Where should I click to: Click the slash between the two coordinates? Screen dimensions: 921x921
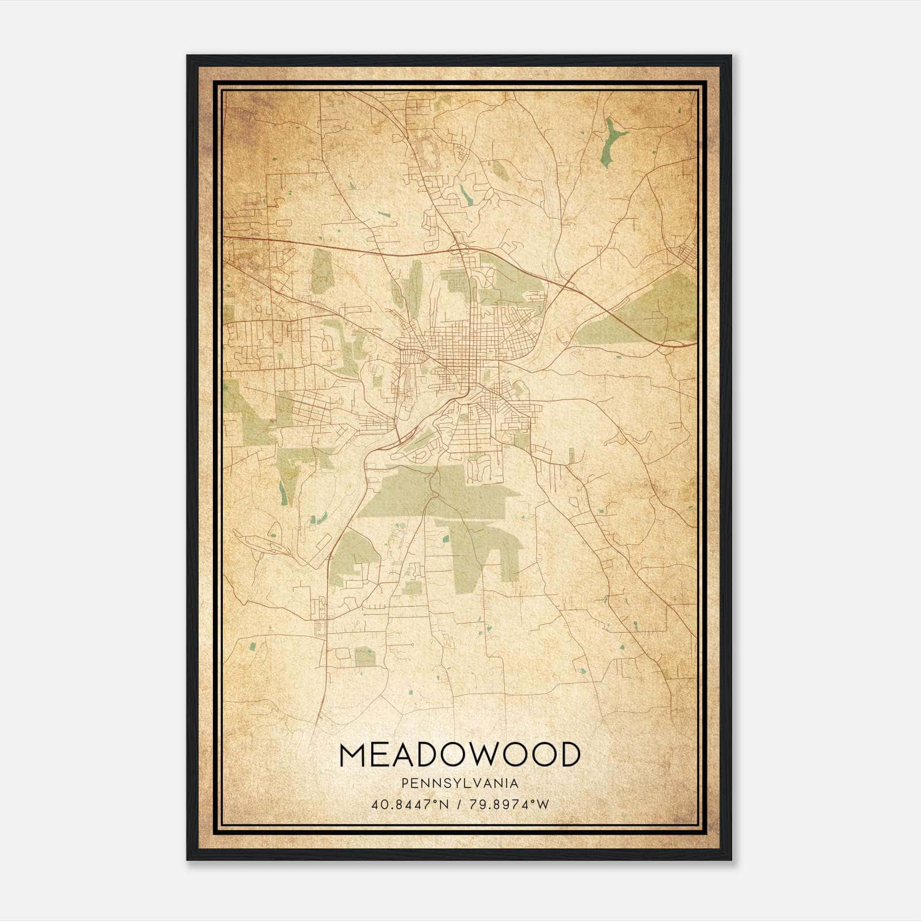tap(458, 805)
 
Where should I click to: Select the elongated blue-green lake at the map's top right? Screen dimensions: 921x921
tap(611, 140)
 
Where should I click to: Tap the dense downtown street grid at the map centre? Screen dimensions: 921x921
tap(461, 345)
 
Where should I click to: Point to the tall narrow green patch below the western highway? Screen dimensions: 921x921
tap(322, 271)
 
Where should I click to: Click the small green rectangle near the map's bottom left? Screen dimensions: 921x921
tap(364, 656)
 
